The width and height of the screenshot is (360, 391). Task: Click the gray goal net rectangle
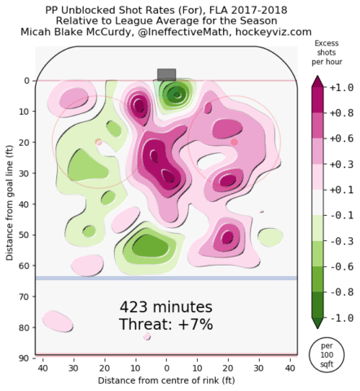click(x=166, y=75)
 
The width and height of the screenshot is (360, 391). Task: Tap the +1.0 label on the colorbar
click(x=341, y=88)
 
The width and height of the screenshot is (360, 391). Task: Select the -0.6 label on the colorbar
click(x=341, y=266)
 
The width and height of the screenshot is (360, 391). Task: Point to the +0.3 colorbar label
click(x=341, y=165)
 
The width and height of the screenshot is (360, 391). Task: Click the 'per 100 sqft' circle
click(x=327, y=354)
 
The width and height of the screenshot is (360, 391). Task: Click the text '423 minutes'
click(x=166, y=307)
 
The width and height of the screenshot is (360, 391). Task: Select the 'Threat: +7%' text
click(x=166, y=324)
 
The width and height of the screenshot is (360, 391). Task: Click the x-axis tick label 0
click(x=166, y=368)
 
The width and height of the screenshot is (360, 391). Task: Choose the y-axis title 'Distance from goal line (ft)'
click(x=10, y=203)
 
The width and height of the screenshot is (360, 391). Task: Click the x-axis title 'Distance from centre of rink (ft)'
click(x=166, y=380)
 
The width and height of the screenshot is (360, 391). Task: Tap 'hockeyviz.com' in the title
click(x=273, y=32)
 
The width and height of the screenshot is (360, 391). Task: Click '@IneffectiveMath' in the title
click(x=183, y=32)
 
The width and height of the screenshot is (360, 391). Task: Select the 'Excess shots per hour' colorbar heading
click(x=327, y=52)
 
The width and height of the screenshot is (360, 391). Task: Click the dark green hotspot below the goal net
click(x=177, y=94)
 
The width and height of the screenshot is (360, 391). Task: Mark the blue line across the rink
click(x=166, y=278)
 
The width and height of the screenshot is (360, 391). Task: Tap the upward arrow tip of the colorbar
click(x=318, y=77)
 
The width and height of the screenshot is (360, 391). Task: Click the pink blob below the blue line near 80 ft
click(x=58, y=322)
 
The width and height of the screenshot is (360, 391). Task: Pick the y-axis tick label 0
click(x=27, y=81)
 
